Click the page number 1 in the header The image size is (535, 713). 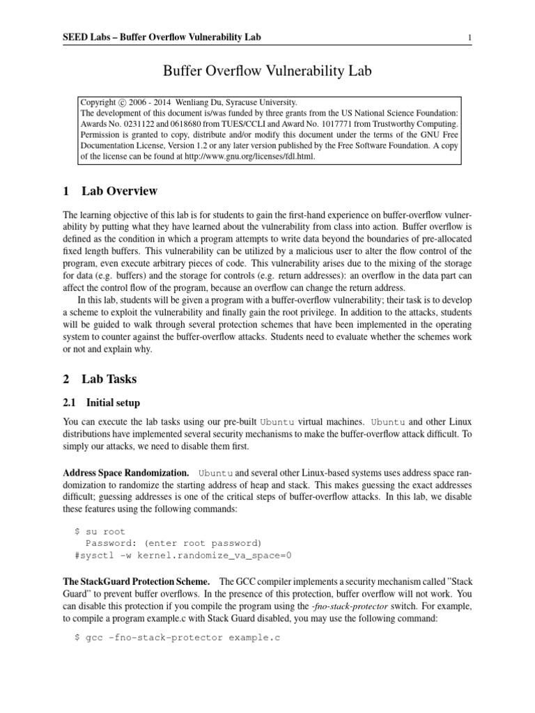click(471, 37)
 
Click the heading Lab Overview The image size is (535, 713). click(119, 191)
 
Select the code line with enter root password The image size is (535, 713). click(173, 543)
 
